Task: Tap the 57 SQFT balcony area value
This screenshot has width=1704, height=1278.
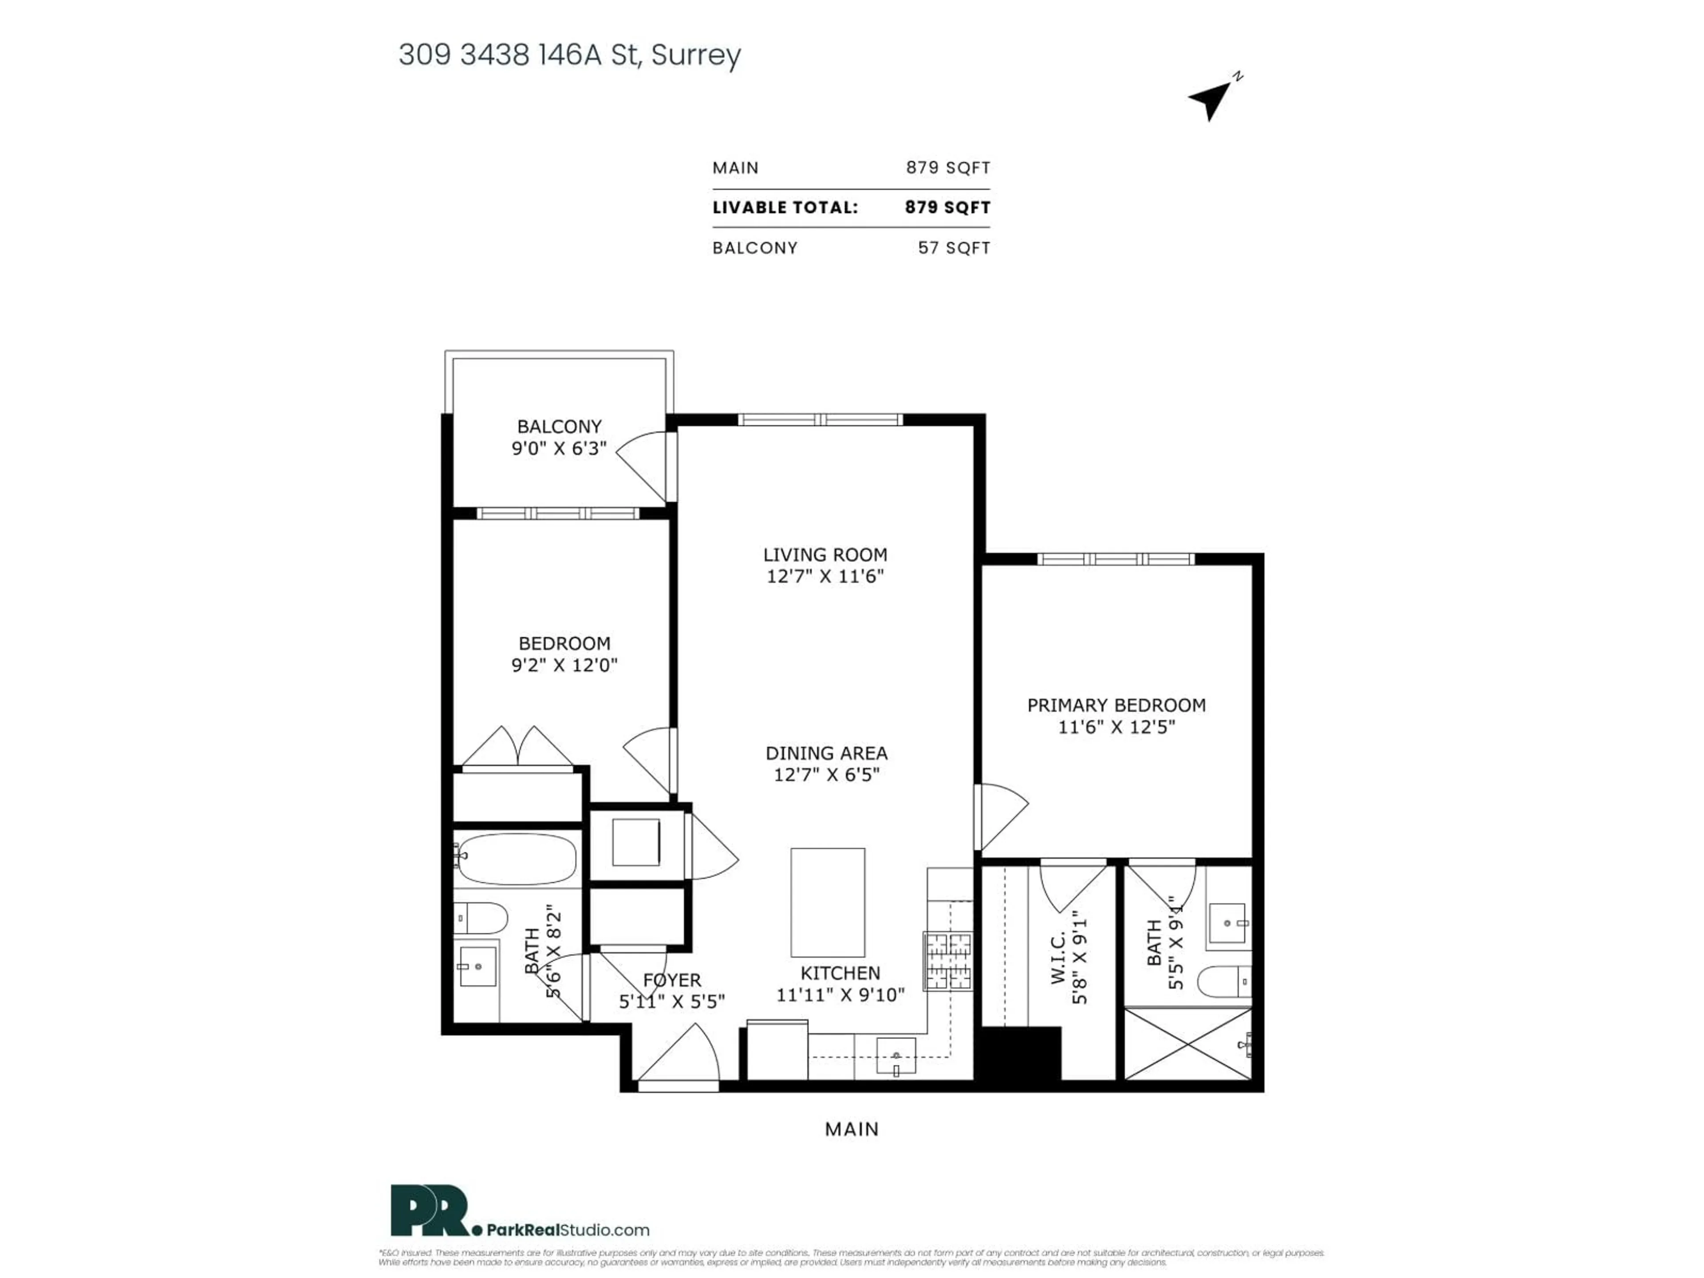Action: (954, 248)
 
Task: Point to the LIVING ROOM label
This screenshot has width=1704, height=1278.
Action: (825, 555)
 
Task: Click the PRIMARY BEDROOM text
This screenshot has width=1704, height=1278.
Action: (1116, 705)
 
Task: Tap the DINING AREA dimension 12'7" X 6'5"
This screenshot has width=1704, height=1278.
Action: (827, 775)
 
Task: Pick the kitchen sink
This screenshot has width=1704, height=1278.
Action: (896, 1055)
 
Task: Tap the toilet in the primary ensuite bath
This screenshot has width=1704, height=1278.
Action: (1223, 982)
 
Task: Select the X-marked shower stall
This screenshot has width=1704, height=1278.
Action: (1188, 1044)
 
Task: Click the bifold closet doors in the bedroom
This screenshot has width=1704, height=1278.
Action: (518, 747)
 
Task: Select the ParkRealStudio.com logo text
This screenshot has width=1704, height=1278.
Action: (568, 1230)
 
